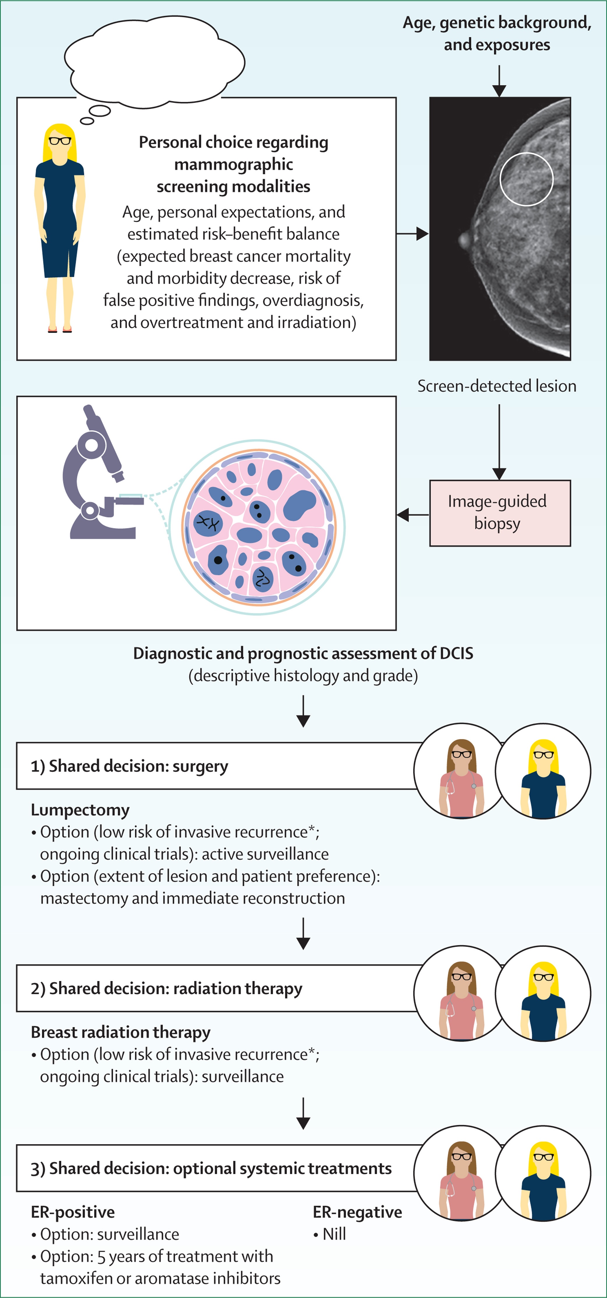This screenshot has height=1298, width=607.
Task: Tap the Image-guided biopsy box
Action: tap(499, 513)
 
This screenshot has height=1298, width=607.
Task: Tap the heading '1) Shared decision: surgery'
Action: tap(130, 766)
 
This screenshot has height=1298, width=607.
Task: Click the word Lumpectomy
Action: tap(80, 810)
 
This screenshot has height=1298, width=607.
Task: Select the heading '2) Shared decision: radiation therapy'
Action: tap(166, 989)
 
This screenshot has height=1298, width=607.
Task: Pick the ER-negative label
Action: tap(358, 1212)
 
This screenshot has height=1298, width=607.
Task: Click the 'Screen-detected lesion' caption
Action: tap(497, 386)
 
